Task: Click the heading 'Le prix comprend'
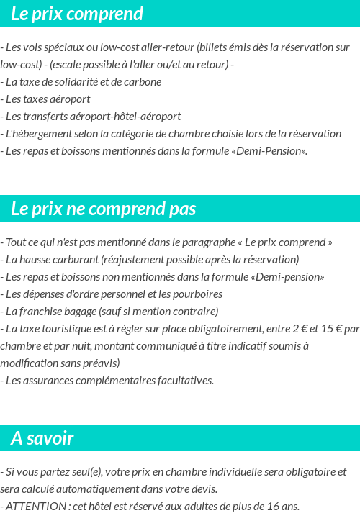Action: [77, 14]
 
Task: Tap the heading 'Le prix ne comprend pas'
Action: [104, 209]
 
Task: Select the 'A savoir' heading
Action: [42, 438]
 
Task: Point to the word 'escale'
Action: [66, 64]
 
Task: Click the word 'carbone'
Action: [143, 81]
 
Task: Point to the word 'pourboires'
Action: [198, 294]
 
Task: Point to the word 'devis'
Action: [203, 489]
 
